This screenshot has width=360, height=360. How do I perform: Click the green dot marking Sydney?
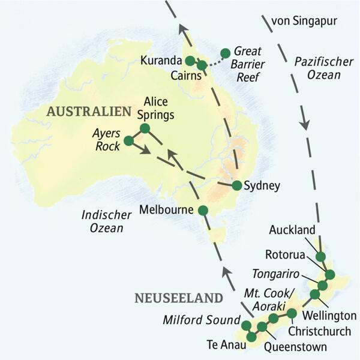(x=237, y=185)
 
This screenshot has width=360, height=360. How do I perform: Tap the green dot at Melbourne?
(x=203, y=210)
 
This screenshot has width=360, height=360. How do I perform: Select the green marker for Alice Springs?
(x=144, y=128)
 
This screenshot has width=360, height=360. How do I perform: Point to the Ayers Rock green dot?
(x=128, y=141)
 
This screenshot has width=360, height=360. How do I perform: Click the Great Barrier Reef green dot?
(x=226, y=52)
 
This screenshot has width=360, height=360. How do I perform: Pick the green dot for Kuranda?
(x=190, y=61)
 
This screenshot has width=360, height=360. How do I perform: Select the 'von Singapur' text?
(x=305, y=22)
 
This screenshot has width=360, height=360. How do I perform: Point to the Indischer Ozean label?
(x=103, y=221)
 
